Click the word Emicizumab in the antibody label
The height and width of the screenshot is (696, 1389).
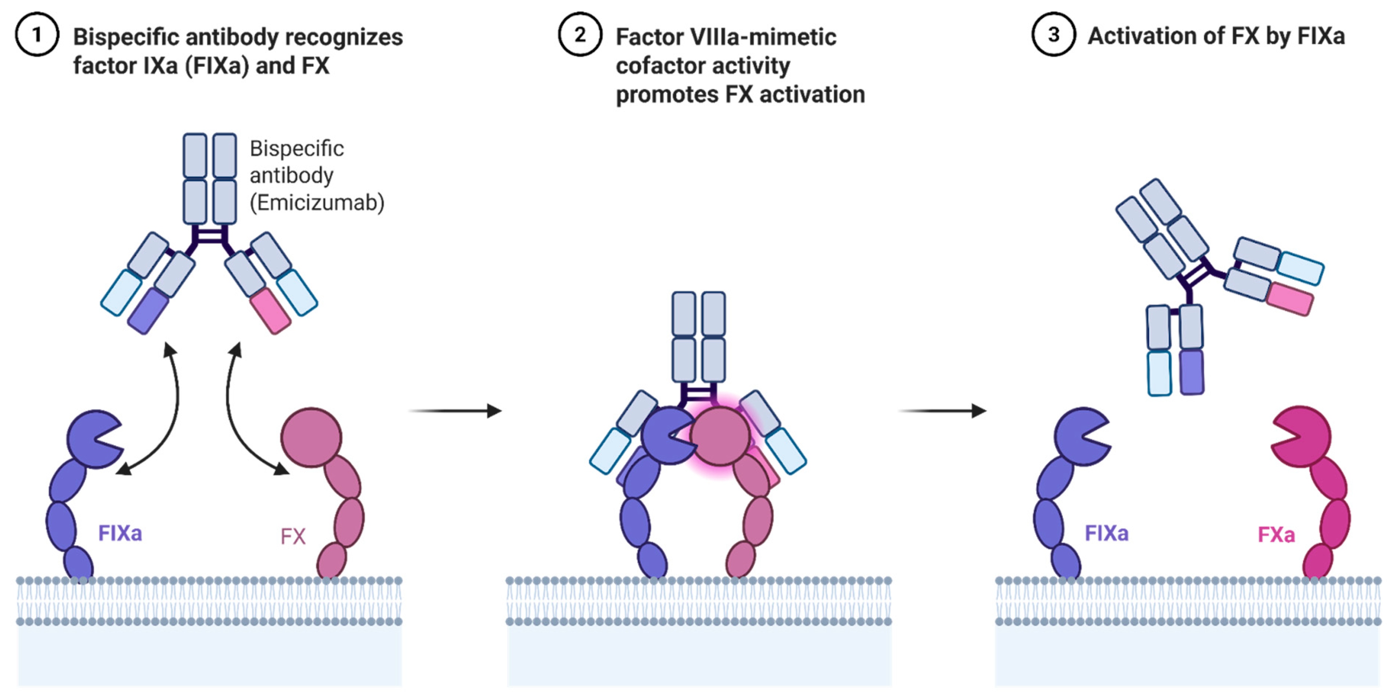tap(317, 203)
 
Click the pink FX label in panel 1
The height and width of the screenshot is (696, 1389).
tap(293, 536)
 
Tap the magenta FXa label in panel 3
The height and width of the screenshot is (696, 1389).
tap(1276, 535)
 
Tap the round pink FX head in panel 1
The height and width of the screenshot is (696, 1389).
tap(311, 437)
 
